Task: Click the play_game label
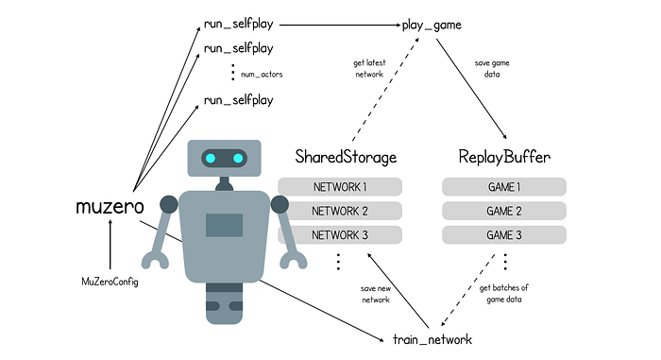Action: pyautogui.click(x=432, y=26)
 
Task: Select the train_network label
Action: pyautogui.click(x=432, y=339)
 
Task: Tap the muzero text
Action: pyautogui.click(x=110, y=206)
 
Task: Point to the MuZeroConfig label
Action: pyautogui.click(x=110, y=282)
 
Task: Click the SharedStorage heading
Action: pyautogui.click(x=346, y=157)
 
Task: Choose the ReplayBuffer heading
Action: pyautogui.click(x=504, y=157)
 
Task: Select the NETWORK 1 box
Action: pyautogui.click(x=340, y=186)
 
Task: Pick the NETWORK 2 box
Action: pyautogui.click(x=340, y=211)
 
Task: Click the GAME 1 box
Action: pyautogui.click(x=504, y=186)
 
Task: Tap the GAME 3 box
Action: pyautogui.click(x=504, y=234)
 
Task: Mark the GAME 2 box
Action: pyautogui.click(x=504, y=211)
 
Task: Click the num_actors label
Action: pyautogui.click(x=262, y=75)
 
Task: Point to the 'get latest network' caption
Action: pyautogui.click(x=369, y=68)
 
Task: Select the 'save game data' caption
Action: pyautogui.click(x=492, y=68)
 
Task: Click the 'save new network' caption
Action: pyautogui.click(x=376, y=294)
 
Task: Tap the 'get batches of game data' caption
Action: pyautogui.click(x=503, y=293)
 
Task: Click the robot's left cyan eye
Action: pyautogui.click(x=211, y=158)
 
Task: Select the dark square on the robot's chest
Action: pyautogui.click(x=225, y=225)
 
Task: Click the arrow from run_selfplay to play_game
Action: pyautogui.click(x=340, y=25)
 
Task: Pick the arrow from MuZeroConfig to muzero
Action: pyautogui.click(x=110, y=245)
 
